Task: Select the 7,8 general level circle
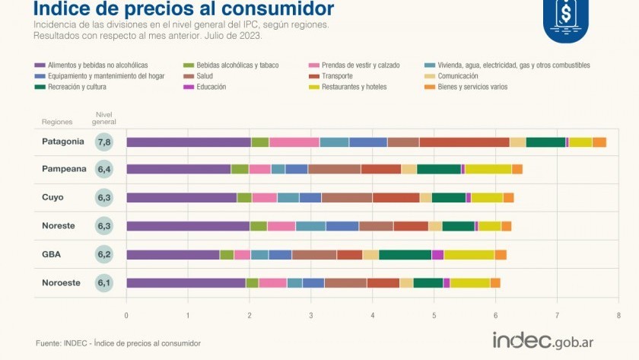pyautogui.click(x=105, y=142)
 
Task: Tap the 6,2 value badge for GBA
pyautogui.click(x=105, y=255)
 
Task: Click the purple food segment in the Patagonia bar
pyautogui.click(x=188, y=142)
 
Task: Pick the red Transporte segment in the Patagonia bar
pyautogui.click(x=464, y=142)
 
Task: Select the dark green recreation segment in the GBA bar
pyautogui.click(x=405, y=255)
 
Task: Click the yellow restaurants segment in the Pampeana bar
pyautogui.click(x=488, y=169)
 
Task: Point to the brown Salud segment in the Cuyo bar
pyautogui.click(x=346, y=198)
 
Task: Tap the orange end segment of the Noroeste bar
pyautogui.click(x=495, y=283)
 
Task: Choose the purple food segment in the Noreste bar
pyautogui.click(x=187, y=226)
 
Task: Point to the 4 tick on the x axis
pyautogui.click(x=373, y=314)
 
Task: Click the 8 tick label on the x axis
pyautogui.click(x=618, y=314)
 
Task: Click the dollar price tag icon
pyautogui.click(x=565, y=13)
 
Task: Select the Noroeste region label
pyautogui.click(x=62, y=282)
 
